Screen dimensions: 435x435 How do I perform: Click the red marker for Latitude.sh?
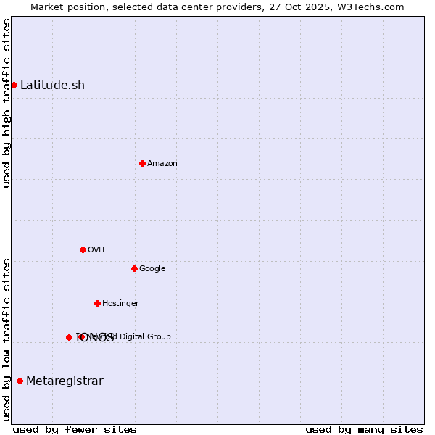click(x=14, y=85)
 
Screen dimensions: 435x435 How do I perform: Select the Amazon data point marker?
click(x=142, y=163)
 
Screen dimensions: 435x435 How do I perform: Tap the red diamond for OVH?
click(x=83, y=249)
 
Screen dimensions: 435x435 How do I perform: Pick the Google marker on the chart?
click(x=134, y=268)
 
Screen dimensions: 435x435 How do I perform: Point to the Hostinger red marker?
click(x=97, y=303)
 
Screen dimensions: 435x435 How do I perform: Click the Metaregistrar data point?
click(x=20, y=381)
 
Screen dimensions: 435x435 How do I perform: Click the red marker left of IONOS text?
click(x=69, y=337)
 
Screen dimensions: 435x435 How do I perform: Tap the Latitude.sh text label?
click(x=52, y=85)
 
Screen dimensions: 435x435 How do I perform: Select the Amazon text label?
click(x=162, y=163)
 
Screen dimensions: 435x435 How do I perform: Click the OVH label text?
click(x=96, y=249)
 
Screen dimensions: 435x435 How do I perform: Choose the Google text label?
click(x=152, y=268)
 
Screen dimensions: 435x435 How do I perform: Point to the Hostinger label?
click(x=120, y=303)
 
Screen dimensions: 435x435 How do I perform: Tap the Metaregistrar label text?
click(x=65, y=381)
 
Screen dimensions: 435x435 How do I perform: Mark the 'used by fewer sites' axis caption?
click(x=75, y=429)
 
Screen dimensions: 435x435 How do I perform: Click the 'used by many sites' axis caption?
click(x=364, y=429)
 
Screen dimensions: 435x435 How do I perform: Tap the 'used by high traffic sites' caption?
click(x=7, y=103)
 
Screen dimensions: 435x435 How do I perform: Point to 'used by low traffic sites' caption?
click(x=7, y=339)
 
